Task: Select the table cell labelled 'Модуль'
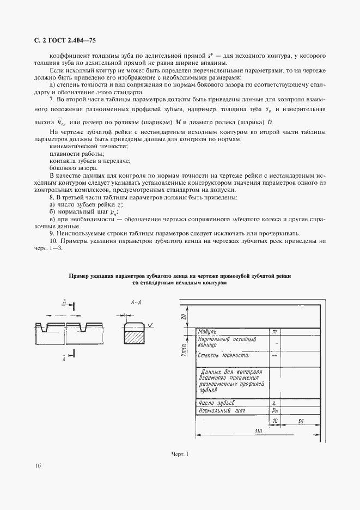click(x=209, y=332)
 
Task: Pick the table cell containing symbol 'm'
click(x=274, y=332)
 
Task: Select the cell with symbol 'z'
click(x=274, y=403)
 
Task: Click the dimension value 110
click(x=259, y=432)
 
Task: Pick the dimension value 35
click(x=301, y=422)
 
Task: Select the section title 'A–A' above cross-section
click(x=136, y=301)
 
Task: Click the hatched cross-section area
click(x=133, y=337)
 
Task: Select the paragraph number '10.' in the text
click(x=53, y=241)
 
